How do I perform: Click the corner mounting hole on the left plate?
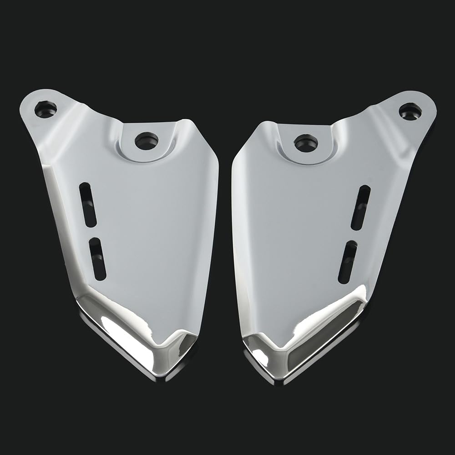coord(45,109)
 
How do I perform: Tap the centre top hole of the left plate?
coord(147,141)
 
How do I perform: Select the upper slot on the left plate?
coord(88,204)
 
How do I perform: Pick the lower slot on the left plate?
coord(98,259)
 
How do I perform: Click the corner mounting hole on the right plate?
coord(410,111)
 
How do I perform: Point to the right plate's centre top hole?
coord(306,143)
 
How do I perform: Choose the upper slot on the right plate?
coord(360,207)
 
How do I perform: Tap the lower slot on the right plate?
coord(348,262)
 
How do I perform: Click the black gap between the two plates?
coord(225,227)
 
